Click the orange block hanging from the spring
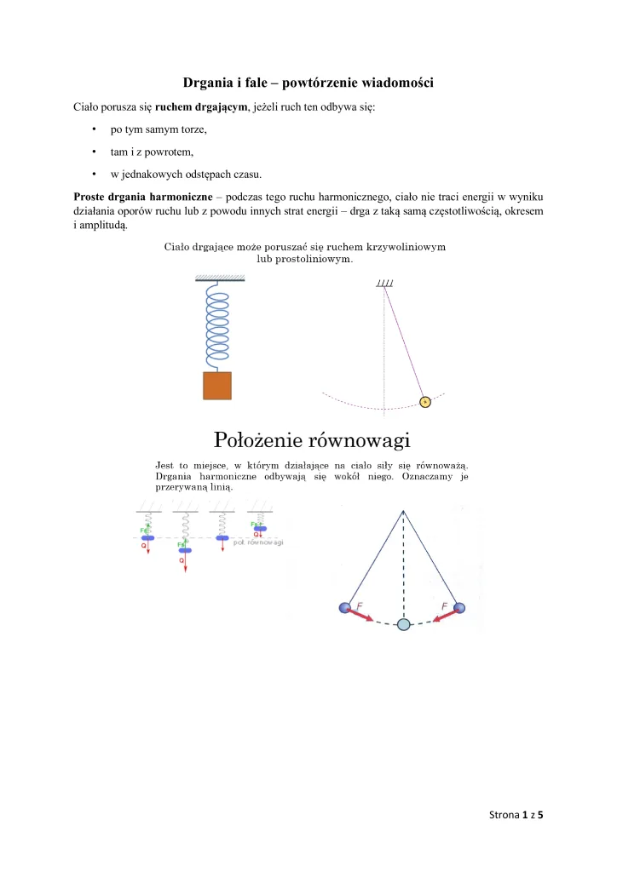(216, 385)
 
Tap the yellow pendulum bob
(425, 401)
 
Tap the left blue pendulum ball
(344, 607)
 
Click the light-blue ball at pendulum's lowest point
(404, 624)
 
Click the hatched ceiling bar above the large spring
(220, 278)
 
